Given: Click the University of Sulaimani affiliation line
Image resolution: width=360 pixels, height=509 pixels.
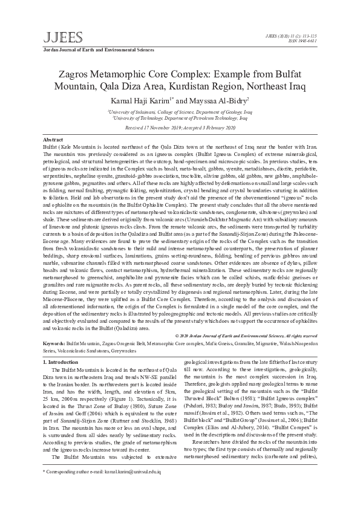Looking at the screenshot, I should tap(180, 112).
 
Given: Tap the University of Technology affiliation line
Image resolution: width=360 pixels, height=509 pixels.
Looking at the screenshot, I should tap(180, 119).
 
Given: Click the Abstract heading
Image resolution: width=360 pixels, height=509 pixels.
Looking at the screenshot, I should tap(54, 140).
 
